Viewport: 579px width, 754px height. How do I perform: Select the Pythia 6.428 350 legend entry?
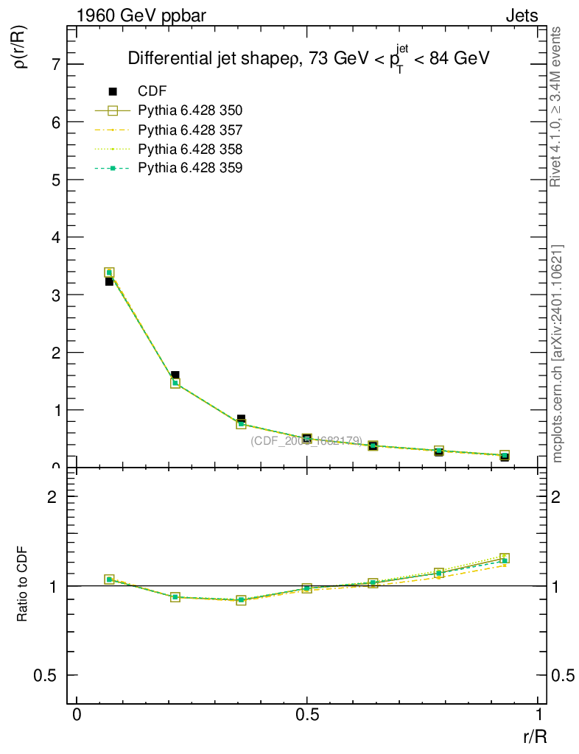(x=190, y=110)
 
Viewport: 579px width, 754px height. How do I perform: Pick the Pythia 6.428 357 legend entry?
(x=190, y=130)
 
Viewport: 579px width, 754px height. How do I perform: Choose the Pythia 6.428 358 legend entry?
(x=190, y=149)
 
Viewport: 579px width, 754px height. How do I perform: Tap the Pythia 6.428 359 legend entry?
(x=190, y=168)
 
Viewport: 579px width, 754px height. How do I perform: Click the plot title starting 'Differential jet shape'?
(x=309, y=60)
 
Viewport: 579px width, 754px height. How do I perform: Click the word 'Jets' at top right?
(x=521, y=15)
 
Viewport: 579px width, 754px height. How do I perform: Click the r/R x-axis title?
(x=535, y=736)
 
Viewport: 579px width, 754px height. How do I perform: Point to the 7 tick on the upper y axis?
(x=56, y=65)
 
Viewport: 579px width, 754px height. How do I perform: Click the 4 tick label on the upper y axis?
(x=56, y=237)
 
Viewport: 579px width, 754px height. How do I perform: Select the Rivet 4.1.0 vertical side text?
(x=557, y=107)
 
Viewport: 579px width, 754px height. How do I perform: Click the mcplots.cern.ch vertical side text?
(x=557, y=353)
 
